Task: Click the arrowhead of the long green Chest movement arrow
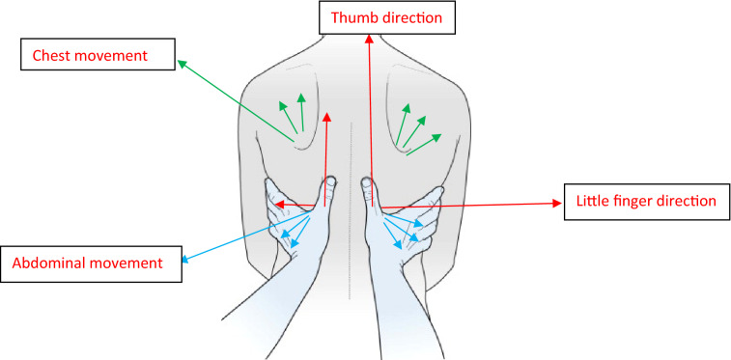pos(181,62)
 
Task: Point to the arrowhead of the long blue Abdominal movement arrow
pos(186,259)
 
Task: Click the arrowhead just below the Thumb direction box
pos(368,40)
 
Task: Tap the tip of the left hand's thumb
pos(331,180)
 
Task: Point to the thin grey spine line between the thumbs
pos(349,154)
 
